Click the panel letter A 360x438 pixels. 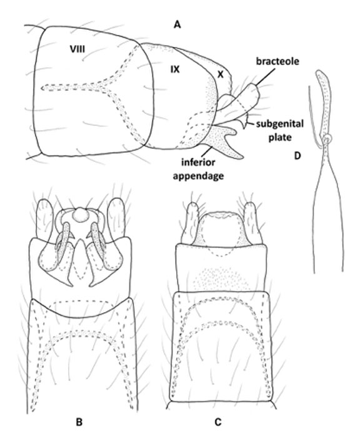(177, 25)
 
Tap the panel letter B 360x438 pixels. (79, 422)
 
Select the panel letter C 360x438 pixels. (218, 422)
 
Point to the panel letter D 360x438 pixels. (297, 156)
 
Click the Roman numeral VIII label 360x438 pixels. (77, 49)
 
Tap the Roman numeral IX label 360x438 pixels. (175, 69)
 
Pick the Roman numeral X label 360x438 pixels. (221, 74)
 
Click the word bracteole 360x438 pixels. (277, 61)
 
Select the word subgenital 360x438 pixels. (279, 124)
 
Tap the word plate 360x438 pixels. (280, 137)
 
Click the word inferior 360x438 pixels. (198, 162)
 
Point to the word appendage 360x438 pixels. (198, 176)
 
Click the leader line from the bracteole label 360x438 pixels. (264, 76)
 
